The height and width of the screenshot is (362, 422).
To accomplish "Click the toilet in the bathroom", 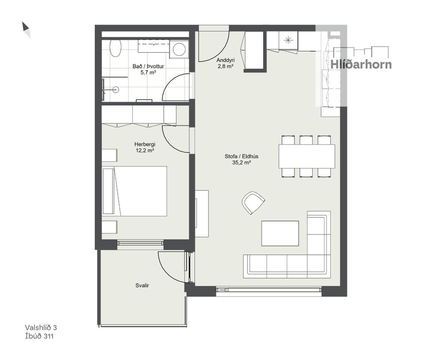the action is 115,48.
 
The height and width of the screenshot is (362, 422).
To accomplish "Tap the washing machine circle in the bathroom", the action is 179,49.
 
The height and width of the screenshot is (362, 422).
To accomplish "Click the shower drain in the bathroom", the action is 116,89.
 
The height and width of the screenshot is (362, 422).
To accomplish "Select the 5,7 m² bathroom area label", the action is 148,72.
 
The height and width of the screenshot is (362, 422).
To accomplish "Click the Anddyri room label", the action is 226,60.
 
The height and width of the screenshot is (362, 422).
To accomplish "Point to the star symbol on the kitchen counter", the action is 288,41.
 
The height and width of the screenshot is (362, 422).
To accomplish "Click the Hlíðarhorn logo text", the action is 361,64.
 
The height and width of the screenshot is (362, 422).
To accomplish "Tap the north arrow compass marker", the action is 26,29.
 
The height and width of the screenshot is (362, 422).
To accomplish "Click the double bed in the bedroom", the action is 135,191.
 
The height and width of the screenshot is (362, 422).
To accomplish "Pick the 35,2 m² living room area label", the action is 241,162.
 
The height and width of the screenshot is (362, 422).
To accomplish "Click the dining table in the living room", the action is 307,156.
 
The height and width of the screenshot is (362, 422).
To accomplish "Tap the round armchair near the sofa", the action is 253,203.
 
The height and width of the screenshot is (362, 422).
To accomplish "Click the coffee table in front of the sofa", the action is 280,233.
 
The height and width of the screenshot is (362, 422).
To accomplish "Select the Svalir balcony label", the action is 142,286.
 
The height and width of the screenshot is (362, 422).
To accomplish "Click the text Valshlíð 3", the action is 41,327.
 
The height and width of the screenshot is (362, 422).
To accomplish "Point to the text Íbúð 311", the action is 39,336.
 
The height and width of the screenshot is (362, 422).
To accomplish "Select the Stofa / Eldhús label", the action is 241,156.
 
